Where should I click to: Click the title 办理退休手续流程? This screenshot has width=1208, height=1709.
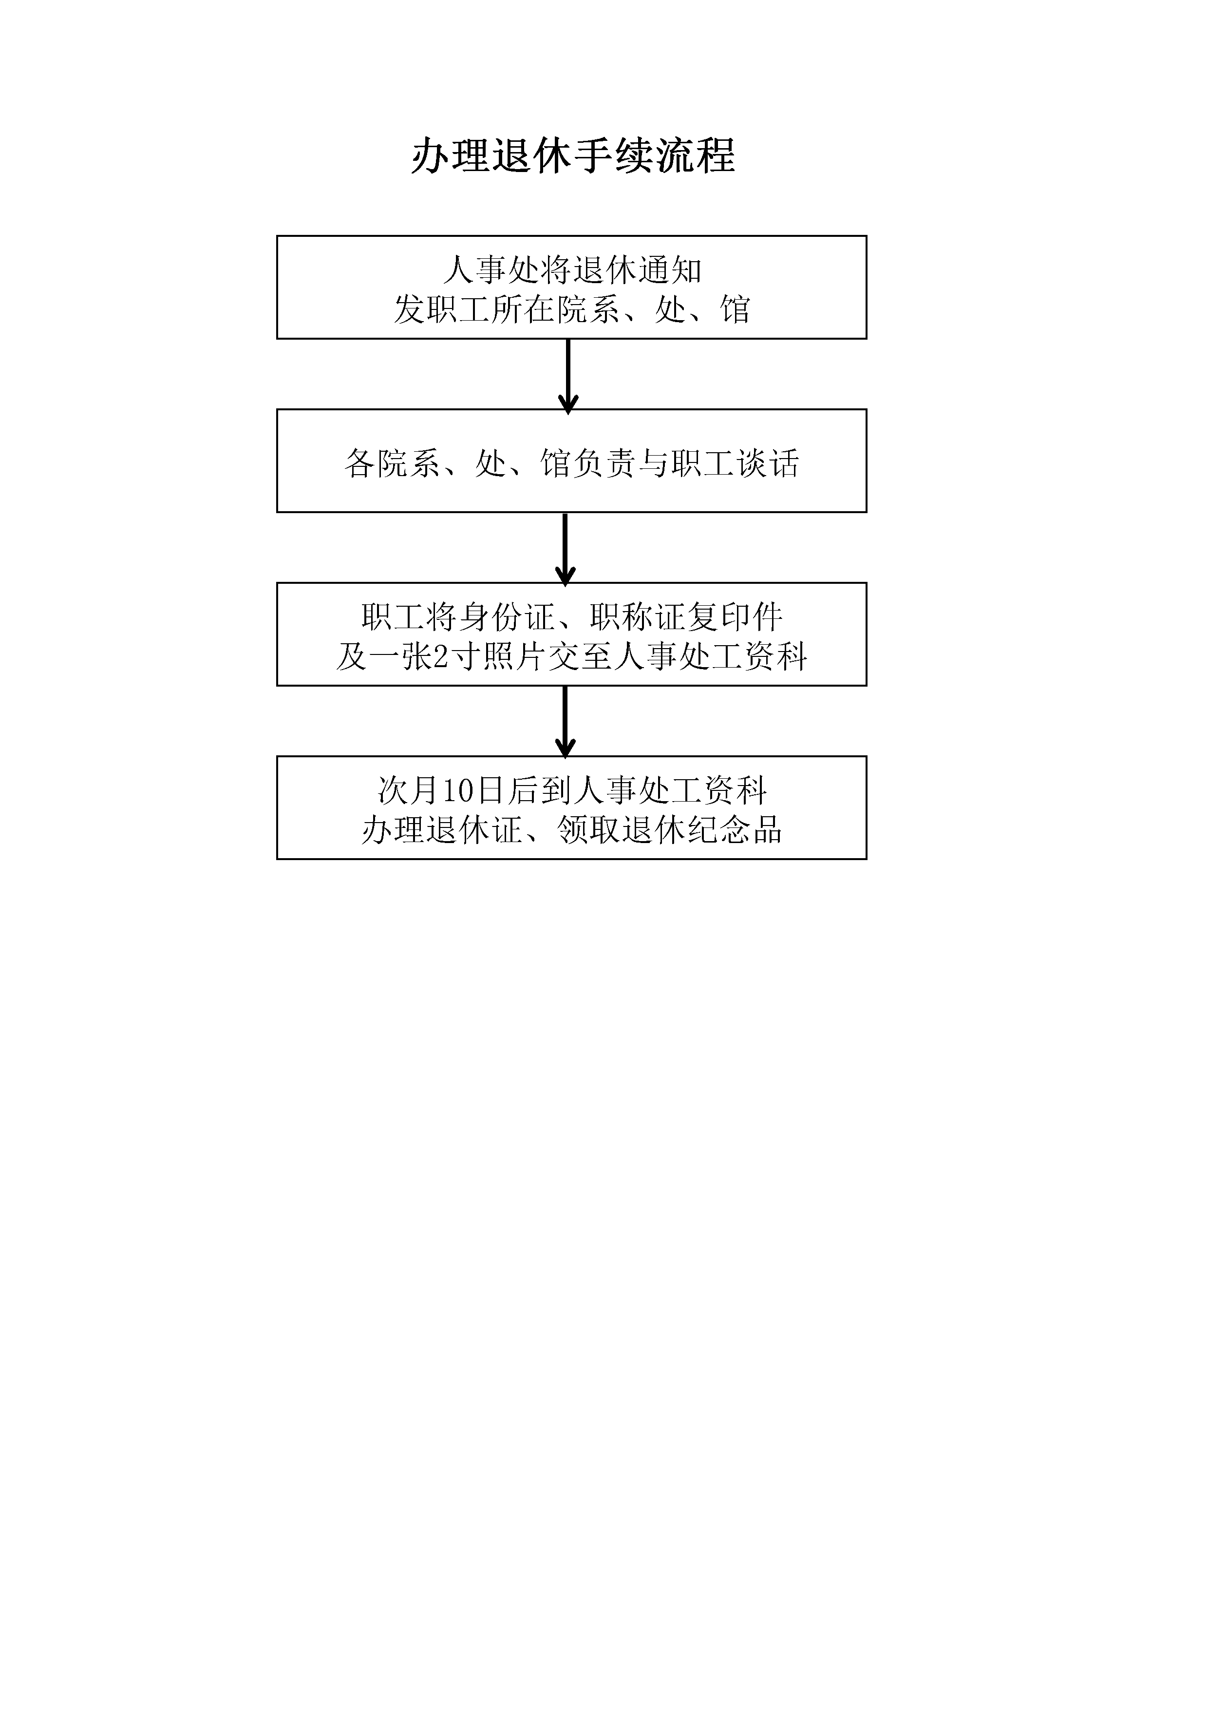click(x=573, y=156)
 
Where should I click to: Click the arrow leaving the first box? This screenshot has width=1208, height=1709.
click(x=568, y=376)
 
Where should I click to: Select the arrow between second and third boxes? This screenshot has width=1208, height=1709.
click(x=566, y=549)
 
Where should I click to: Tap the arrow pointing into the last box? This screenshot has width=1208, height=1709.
click(x=566, y=722)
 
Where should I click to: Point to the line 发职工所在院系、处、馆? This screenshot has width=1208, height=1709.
click(x=572, y=309)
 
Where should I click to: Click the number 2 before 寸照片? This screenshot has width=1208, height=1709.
click(x=440, y=656)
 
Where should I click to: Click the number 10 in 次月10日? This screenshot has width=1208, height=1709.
click(x=458, y=790)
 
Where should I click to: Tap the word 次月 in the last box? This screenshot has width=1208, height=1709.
click(x=410, y=790)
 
